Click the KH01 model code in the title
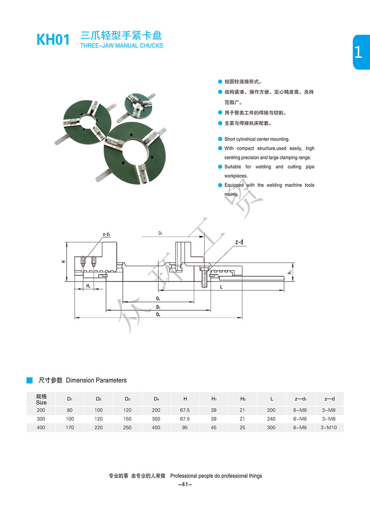[53, 39]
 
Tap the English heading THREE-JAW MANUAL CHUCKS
[122, 46]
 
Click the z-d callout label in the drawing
[239, 242]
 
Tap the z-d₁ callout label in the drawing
[106, 234]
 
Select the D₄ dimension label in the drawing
[158, 314]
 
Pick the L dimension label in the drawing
[221, 287]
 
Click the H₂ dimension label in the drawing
[88, 286]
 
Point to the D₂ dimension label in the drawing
[160, 233]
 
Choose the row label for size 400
[41, 427]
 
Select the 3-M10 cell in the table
[329, 427]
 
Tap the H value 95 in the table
[185, 427]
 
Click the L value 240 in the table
[271, 419]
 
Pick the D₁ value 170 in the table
[70, 427]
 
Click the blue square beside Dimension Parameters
[30, 380]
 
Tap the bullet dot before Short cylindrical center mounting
[220, 139]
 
